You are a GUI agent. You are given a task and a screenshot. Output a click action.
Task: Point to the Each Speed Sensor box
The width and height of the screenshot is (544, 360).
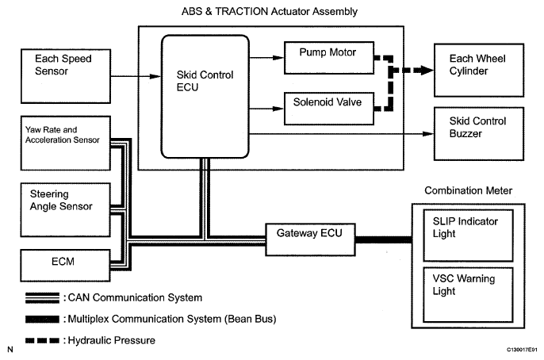[64, 73]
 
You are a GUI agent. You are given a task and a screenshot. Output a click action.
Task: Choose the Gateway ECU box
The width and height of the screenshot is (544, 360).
[310, 236]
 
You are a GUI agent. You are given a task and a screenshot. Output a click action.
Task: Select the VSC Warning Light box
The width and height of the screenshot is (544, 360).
[459, 293]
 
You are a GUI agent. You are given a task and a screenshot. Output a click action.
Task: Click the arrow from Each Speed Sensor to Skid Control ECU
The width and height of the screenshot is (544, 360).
[134, 76]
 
